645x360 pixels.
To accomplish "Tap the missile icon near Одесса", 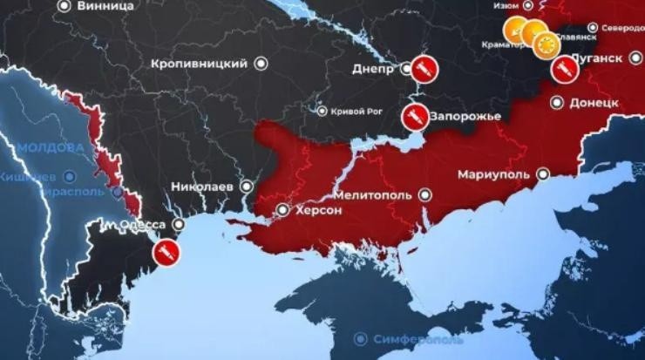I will pos(166,253).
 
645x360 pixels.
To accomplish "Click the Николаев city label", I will pos(206,186).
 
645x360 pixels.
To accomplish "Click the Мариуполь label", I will pos(493,174).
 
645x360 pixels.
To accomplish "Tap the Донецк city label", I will pos(594,102).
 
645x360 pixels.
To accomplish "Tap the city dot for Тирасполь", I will pos(113,191).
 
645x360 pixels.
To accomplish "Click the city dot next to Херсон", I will pos(282,210).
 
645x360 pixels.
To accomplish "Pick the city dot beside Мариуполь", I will pos(540,174).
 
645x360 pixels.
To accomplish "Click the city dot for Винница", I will pos(63,6).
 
